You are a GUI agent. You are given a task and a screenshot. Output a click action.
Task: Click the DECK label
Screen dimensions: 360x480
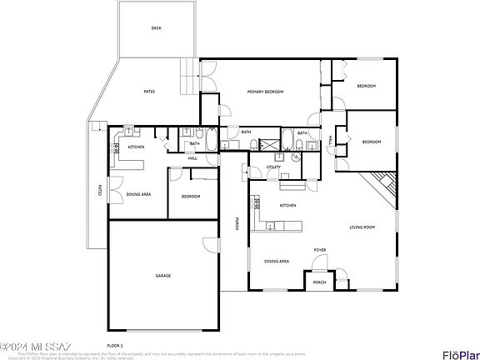[x=156, y=28]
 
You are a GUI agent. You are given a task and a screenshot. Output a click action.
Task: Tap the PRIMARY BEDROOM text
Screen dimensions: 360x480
[x=262, y=91]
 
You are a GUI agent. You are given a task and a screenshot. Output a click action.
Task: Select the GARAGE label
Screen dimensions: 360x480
[x=163, y=276]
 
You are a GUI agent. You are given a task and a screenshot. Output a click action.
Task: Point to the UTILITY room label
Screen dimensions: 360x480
[x=272, y=167]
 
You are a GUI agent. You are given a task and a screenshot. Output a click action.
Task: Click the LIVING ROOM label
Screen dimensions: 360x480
[x=362, y=227]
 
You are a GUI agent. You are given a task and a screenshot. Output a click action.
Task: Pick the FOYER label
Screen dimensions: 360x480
[x=319, y=250]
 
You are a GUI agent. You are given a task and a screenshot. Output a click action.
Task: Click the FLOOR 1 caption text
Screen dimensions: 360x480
[x=114, y=344]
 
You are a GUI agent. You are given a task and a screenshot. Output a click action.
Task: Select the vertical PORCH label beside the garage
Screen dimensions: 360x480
[x=237, y=224]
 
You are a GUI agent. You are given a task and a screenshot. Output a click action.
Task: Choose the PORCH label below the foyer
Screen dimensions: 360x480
[x=318, y=282]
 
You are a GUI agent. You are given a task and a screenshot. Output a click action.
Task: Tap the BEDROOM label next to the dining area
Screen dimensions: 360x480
[x=191, y=197]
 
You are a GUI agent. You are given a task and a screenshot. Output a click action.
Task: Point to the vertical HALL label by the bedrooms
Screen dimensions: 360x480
[x=331, y=141]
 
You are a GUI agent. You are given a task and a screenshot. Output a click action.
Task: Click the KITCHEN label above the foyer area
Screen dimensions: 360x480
[x=288, y=205]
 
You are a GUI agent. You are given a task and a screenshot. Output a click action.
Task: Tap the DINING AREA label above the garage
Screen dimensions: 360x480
[x=138, y=194]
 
